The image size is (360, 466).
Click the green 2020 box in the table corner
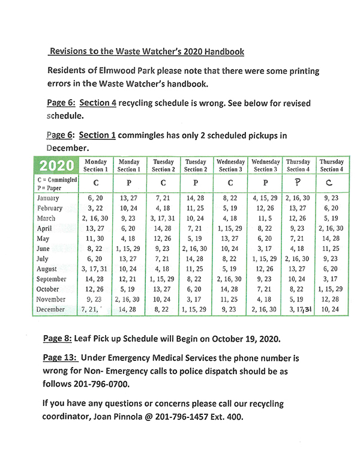[57, 165]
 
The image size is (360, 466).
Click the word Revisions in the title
[71, 52]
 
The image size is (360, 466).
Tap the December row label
[52, 309]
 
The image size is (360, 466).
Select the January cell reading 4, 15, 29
[264, 198]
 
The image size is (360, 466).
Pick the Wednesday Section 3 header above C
[230, 166]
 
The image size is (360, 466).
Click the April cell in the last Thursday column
[331, 228]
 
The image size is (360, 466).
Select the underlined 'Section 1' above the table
[97, 135]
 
